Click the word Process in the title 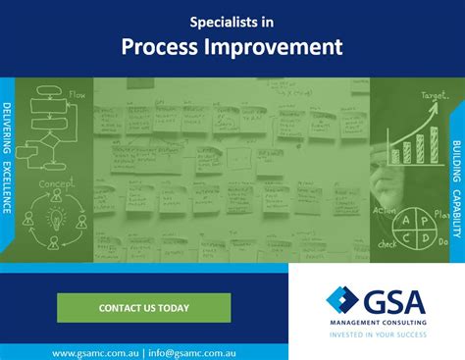click(x=161, y=46)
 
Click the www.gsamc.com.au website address click(x=95, y=350)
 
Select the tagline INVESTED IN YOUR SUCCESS click(x=377, y=334)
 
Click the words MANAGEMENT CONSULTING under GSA click(x=377, y=321)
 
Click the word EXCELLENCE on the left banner click(x=8, y=187)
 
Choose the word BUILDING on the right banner click(x=457, y=137)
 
